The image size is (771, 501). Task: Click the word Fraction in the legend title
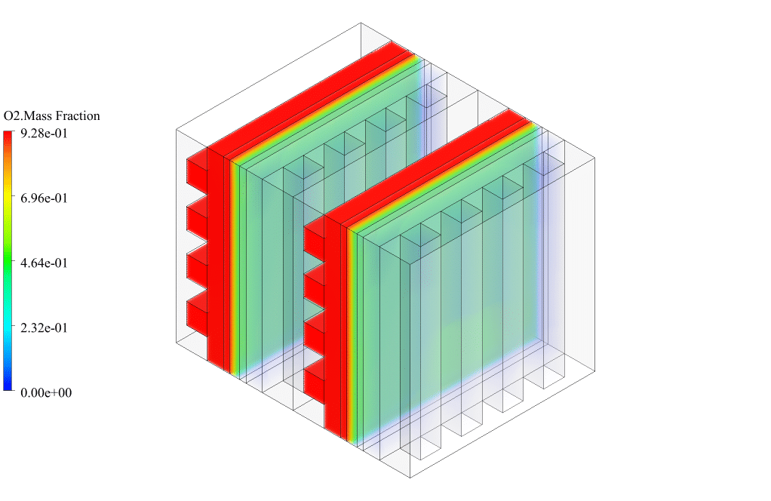pyautogui.click(x=78, y=116)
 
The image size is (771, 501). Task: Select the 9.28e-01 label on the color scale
pyautogui.click(x=44, y=134)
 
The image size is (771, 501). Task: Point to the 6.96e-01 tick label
pyautogui.click(x=44, y=198)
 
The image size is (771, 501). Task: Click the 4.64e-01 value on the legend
pyautogui.click(x=44, y=263)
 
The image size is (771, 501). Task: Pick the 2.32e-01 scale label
pyautogui.click(x=44, y=328)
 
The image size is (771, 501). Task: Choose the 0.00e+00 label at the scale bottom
pyautogui.click(x=46, y=393)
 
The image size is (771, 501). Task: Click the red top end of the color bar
pyautogui.click(x=8, y=134)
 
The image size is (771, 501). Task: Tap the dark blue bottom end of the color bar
pyautogui.click(x=8, y=386)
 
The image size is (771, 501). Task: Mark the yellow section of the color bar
pyautogui.click(x=8, y=198)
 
